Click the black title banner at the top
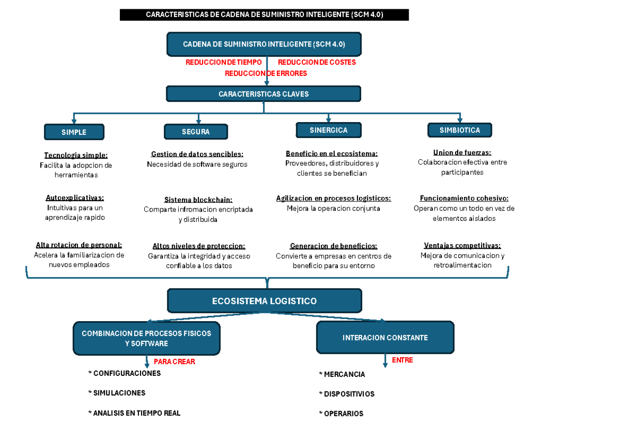click(264, 14)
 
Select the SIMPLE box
click(74, 132)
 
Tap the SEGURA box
click(196, 131)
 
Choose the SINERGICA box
click(329, 130)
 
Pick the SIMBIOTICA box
click(460, 130)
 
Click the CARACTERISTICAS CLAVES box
click(263, 94)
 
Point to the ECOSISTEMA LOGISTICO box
click(265, 301)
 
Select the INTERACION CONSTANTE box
click(385, 337)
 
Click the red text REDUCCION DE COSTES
click(317, 62)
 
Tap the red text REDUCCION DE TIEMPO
click(224, 62)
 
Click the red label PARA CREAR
click(175, 361)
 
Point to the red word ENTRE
click(402, 360)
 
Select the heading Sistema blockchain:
click(198, 200)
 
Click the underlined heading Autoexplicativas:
click(75, 198)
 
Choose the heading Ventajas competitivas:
click(462, 246)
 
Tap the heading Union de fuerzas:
click(462, 153)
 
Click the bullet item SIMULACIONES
click(117, 393)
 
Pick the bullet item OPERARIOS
click(341, 414)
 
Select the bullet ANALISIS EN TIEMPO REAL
click(134, 413)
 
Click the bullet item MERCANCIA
click(342, 374)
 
